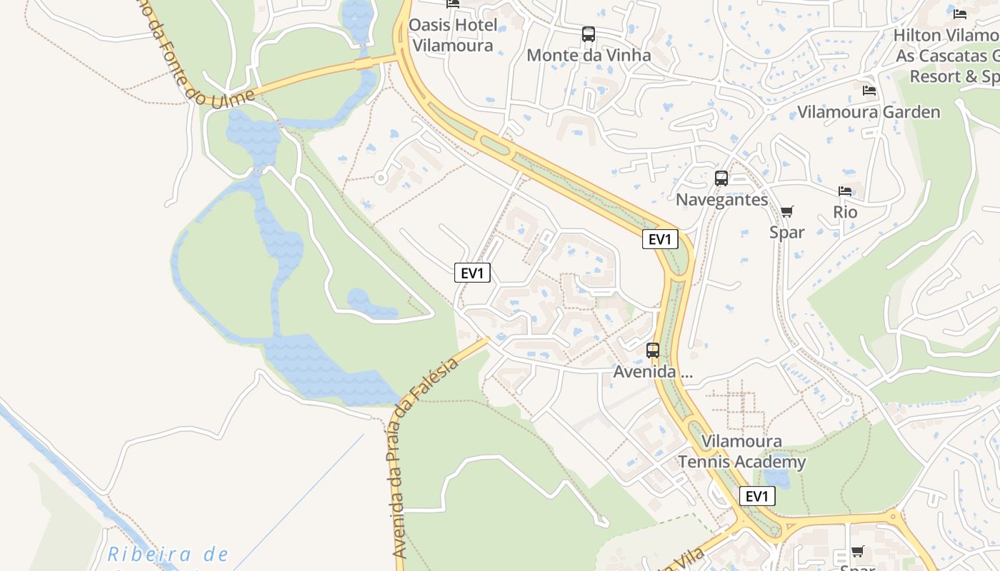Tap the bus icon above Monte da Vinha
click(588, 34)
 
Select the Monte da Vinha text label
click(589, 55)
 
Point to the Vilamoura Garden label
click(869, 112)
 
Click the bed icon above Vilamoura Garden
click(869, 90)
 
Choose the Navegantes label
click(721, 200)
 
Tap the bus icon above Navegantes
click(721, 178)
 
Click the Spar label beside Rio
click(786, 232)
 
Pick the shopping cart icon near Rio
click(786, 211)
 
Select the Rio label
click(845, 212)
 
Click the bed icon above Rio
click(845, 191)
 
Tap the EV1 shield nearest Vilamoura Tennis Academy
click(756, 496)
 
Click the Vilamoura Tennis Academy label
click(741, 452)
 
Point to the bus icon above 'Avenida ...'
click(653, 350)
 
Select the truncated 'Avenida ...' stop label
click(653, 372)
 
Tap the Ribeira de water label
click(168, 555)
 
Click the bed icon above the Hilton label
click(960, 14)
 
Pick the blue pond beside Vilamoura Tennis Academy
click(776, 475)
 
